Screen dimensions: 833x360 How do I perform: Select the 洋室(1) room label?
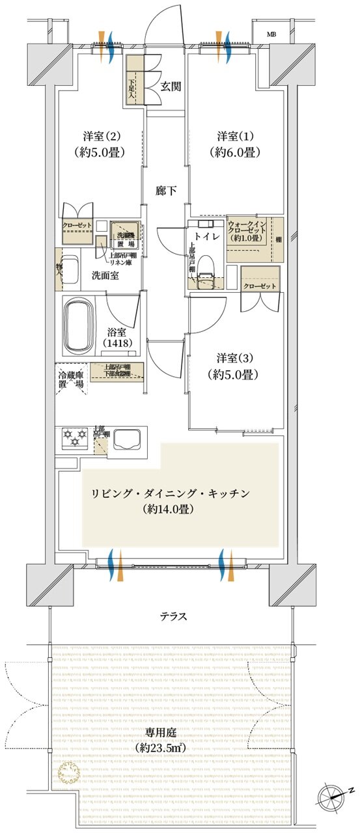[239, 144]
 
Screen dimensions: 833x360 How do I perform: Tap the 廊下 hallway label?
[166, 191]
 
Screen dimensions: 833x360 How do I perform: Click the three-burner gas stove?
[74, 437]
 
